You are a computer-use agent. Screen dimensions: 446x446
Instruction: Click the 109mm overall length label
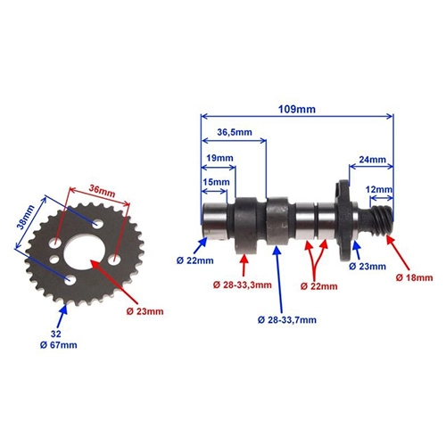pyautogui.click(x=297, y=110)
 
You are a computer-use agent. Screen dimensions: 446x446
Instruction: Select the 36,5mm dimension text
pyautogui.click(x=235, y=132)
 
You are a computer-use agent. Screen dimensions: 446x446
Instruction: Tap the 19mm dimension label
pyautogui.click(x=219, y=158)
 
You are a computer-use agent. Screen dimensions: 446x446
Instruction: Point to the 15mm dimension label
pyautogui.click(x=216, y=182)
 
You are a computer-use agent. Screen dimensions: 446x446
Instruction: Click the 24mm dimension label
pyautogui.click(x=372, y=160)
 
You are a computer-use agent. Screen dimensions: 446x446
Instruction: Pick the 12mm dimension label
pyautogui.click(x=378, y=189)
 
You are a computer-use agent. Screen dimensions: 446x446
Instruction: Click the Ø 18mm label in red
pyautogui.click(x=414, y=278)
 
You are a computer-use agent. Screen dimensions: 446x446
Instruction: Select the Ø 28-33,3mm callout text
pyautogui.click(x=243, y=285)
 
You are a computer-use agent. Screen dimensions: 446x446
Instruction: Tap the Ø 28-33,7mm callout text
pyautogui.click(x=287, y=320)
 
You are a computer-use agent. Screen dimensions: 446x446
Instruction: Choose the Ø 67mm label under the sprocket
pyautogui.click(x=58, y=345)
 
